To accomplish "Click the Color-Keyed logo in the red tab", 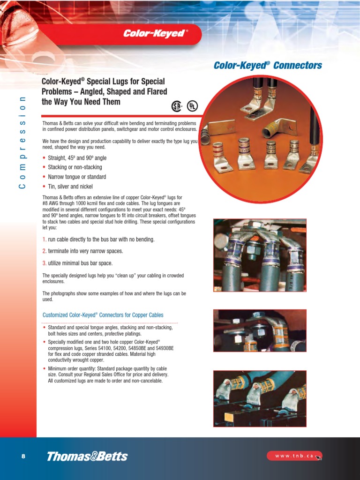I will click(x=155, y=34).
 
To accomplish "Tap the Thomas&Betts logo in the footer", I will click(x=87, y=456).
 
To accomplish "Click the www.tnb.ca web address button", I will click(x=294, y=456).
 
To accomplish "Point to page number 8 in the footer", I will click(x=23, y=456).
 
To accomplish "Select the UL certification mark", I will click(x=192, y=106).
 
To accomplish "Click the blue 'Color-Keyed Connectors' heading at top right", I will click(x=268, y=66).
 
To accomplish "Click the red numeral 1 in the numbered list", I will click(x=44, y=240).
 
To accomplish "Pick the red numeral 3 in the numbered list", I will click(x=44, y=263).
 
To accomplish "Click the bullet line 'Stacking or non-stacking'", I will click(x=75, y=167).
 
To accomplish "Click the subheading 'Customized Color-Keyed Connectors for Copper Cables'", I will click(x=103, y=315).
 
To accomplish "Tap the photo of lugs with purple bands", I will click(x=260, y=255).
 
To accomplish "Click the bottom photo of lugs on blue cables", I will click(x=260, y=398).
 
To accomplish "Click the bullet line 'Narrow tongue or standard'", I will click(x=77, y=177).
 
